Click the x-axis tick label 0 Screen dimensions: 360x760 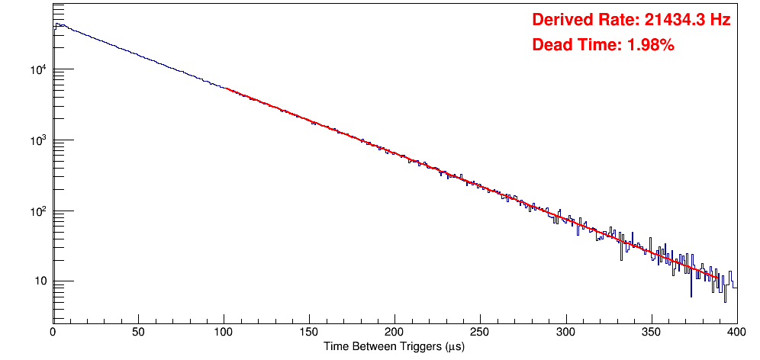tap(52, 332)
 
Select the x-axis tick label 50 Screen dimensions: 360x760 tap(138, 332)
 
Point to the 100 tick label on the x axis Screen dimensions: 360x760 tap(224, 332)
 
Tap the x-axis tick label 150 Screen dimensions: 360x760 tap(309, 332)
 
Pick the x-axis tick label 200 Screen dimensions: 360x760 tap(394, 332)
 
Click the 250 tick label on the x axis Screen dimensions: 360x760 tap(480, 332)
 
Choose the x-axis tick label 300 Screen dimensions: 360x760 tap(565, 332)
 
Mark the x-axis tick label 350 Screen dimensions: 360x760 tap(651, 332)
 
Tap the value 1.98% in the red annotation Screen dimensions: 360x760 tap(650, 45)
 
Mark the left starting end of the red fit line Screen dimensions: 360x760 tap(227, 88)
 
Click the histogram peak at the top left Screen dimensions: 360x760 tap(56, 24)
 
